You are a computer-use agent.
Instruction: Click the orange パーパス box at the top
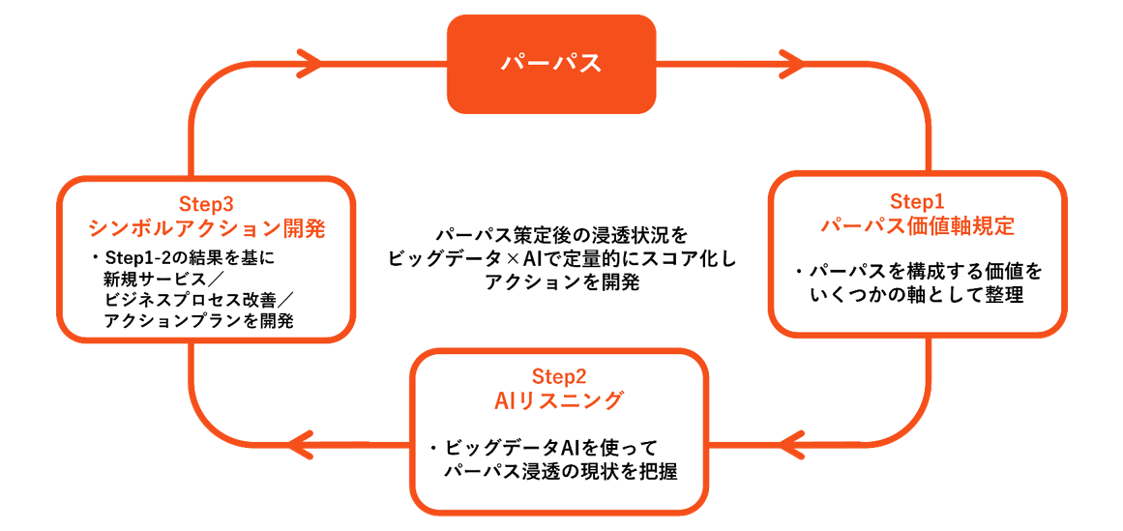[551, 64]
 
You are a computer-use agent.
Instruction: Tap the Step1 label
[916, 202]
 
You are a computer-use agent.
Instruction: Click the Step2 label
[559, 375]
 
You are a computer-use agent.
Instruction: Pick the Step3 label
[207, 204]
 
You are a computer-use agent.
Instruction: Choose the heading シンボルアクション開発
[206, 229]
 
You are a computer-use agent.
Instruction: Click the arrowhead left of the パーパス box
[310, 64]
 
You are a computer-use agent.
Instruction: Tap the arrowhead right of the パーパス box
[793, 64]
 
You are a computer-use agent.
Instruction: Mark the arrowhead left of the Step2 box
[302, 445]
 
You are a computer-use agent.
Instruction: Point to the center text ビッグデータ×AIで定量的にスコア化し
[562, 259]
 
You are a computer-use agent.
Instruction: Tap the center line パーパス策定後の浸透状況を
[562, 236]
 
